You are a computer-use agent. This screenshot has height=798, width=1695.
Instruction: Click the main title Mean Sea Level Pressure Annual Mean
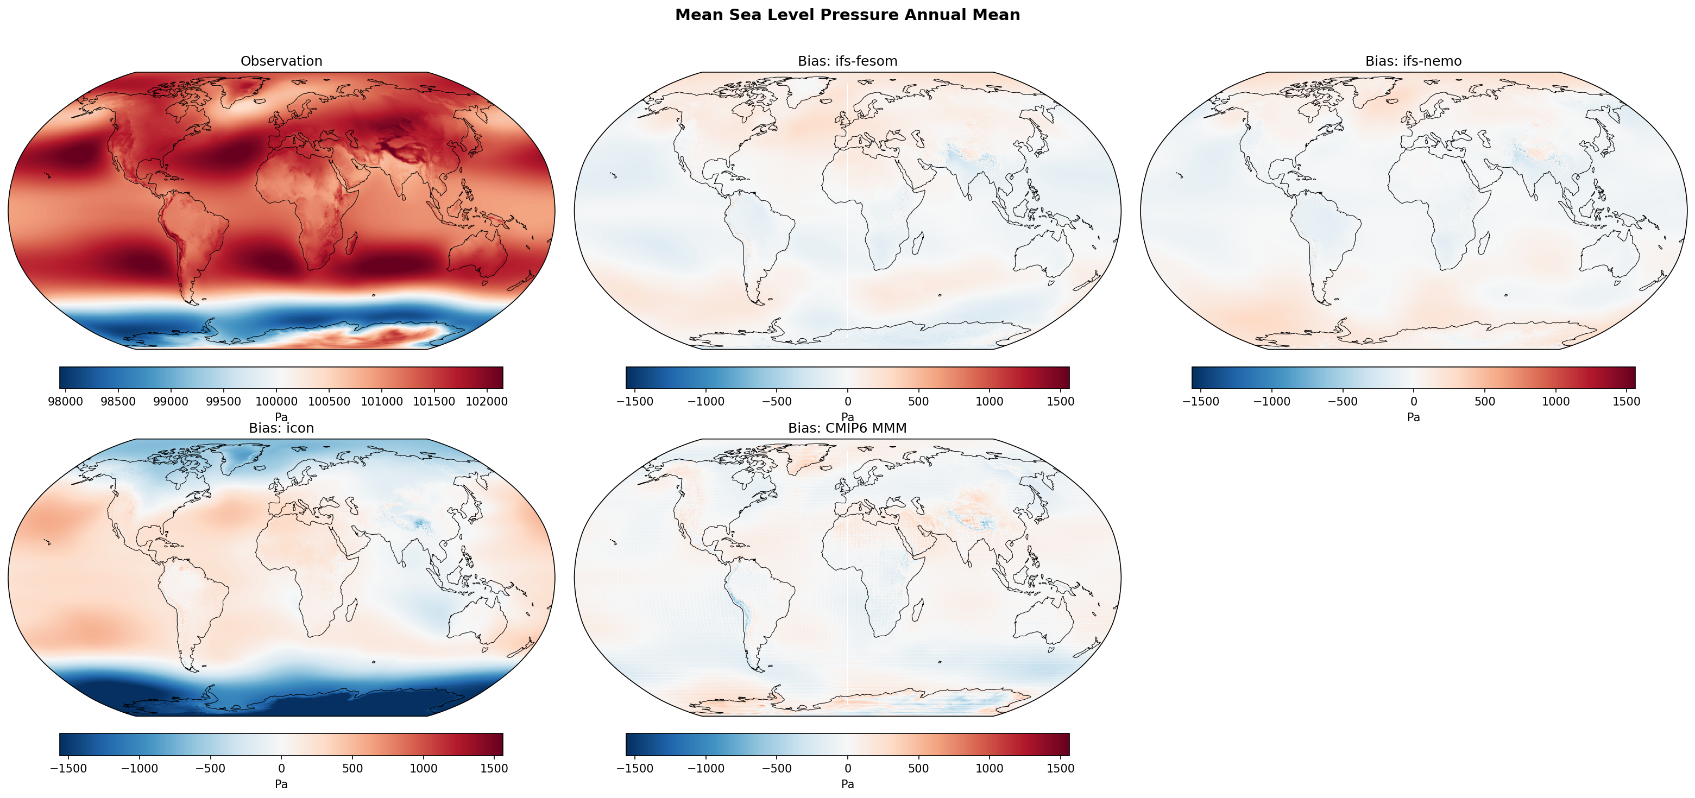tap(847, 15)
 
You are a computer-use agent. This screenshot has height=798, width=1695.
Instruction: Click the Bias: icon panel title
tap(281, 428)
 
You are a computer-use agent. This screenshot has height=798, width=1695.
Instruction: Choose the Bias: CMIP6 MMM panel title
tap(847, 428)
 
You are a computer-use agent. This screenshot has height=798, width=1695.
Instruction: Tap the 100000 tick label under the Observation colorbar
tap(276, 401)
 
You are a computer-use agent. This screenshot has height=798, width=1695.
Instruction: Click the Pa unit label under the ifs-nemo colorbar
tap(1413, 417)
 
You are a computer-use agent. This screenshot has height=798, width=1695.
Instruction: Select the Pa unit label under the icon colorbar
tap(281, 784)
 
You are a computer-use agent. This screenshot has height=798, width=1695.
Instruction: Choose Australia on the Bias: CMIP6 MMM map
tap(1043, 622)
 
